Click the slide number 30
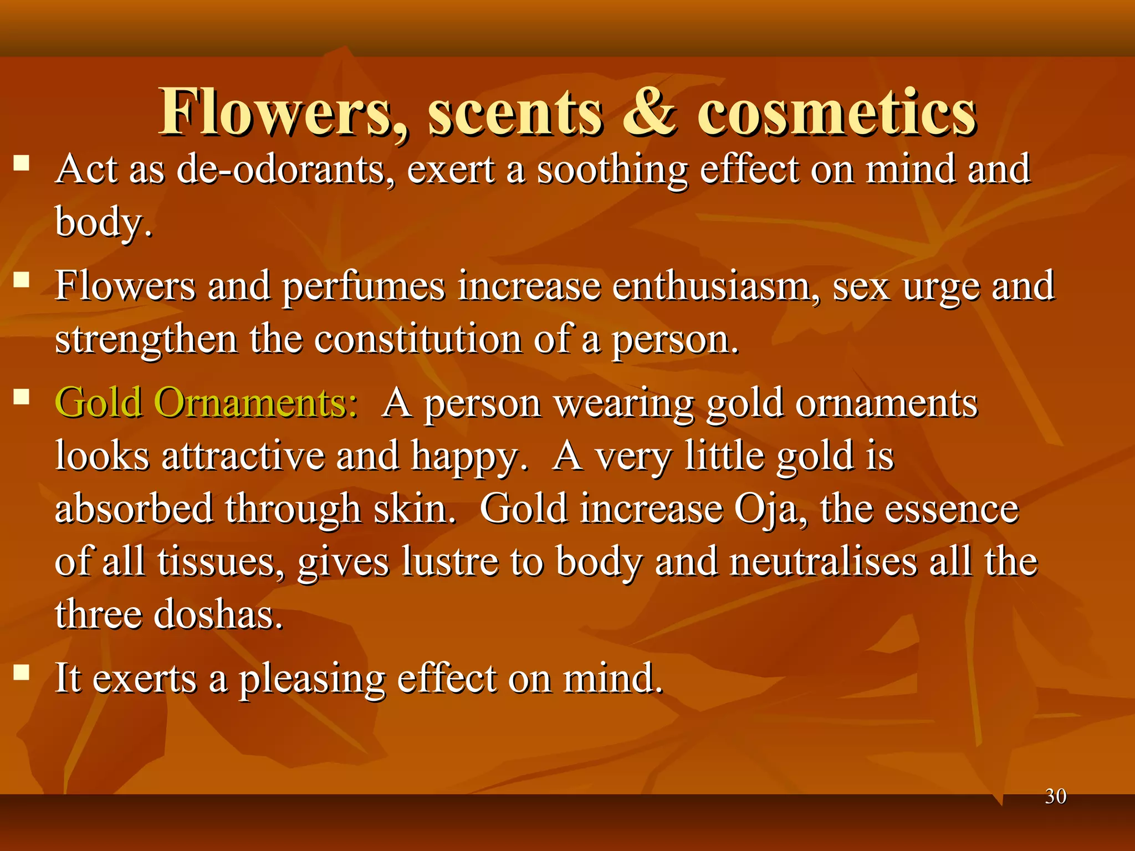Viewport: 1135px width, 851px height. (x=1055, y=797)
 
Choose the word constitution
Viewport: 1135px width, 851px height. (x=418, y=339)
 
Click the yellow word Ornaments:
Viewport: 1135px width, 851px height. (x=255, y=402)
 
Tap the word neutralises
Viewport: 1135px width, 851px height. (x=823, y=561)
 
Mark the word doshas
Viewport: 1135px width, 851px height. (x=218, y=614)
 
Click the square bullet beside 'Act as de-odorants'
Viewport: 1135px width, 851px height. (x=22, y=163)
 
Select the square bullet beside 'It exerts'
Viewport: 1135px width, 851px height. (x=22, y=673)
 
